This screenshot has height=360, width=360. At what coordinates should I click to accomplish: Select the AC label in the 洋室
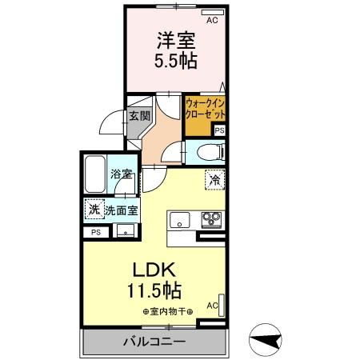point(212,21)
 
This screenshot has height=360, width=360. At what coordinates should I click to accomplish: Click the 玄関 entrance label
point(139,115)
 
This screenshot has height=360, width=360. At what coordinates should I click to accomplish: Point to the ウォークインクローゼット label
point(205,109)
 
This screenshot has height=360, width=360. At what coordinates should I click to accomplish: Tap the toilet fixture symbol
point(210,151)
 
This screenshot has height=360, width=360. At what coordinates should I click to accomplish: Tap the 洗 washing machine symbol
point(94,210)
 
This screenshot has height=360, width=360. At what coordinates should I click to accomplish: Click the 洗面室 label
point(121,211)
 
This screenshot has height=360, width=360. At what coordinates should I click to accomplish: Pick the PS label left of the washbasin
point(96,232)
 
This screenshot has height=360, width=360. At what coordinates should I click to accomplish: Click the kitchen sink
point(178,218)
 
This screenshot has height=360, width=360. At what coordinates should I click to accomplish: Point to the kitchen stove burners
point(211,218)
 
